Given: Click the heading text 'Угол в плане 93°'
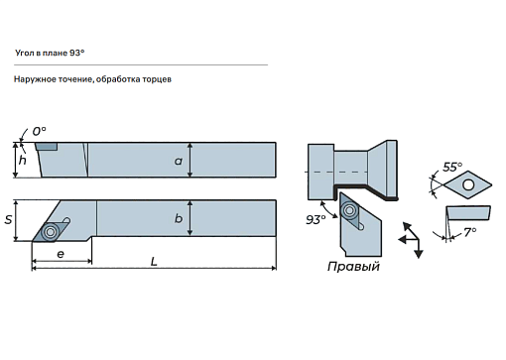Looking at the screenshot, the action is pyautogui.click(x=50, y=53).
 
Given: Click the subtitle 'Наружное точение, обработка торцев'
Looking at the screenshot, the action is pyautogui.click(x=92, y=79).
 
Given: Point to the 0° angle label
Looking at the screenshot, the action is pyautogui.click(x=39, y=131).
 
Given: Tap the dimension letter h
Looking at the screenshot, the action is pyautogui.click(x=22, y=160).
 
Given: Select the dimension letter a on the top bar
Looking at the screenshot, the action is pyautogui.click(x=179, y=161).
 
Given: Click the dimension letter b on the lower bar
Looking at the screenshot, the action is pyautogui.click(x=179, y=218).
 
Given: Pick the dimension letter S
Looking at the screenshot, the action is pyautogui.click(x=8, y=220).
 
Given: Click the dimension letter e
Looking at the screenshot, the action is pyautogui.click(x=61, y=254).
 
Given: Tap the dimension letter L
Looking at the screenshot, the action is pyautogui.click(x=154, y=262).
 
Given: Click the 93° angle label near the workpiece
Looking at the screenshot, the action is pyautogui.click(x=316, y=219).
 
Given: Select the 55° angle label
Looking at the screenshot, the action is pyautogui.click(x=452, y=167).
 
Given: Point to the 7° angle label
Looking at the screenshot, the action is pyautogui.click(x=470, y=232).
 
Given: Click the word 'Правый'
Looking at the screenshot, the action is pyautogui.click(x=353, y=267).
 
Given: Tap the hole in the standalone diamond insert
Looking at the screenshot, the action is pyautogui.click(x=468, y=184).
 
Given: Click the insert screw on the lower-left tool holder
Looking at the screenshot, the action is pyautogui.click(x=51, y=232).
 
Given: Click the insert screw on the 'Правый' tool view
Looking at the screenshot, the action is pyautogui.click(x=349, y=210).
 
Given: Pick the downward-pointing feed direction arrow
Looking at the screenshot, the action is pyautogui.click(x=419, y=248).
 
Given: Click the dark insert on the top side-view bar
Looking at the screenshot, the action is pyautogui.click(x=46, y=147).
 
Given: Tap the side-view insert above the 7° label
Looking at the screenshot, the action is pyautogui.click(x=468, y=213).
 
